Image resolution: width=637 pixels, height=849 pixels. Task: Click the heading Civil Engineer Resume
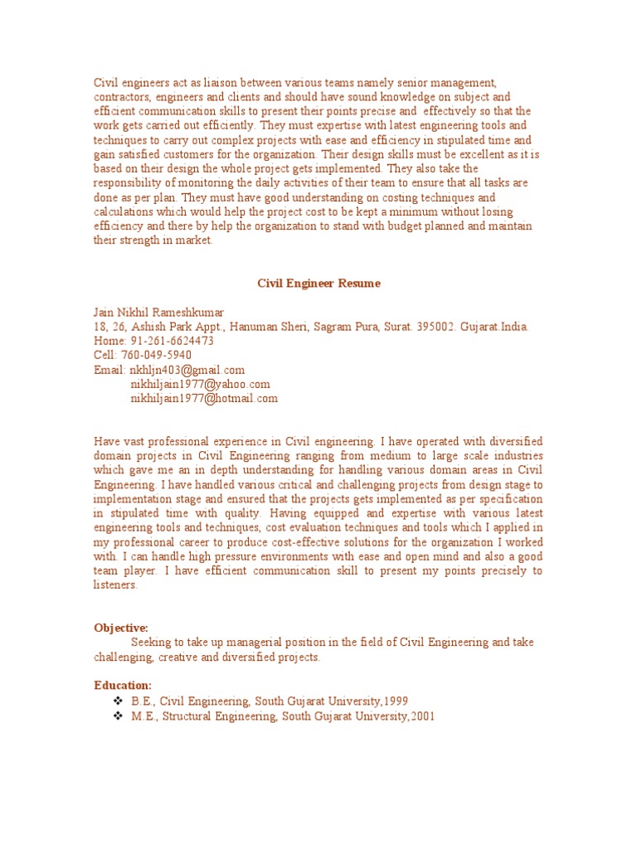[x=318, y=284]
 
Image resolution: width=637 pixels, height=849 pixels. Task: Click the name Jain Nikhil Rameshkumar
[x=158, y=312]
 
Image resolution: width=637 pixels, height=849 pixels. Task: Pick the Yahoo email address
[x=201, y=385]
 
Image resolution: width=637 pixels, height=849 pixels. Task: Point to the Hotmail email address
[x=204, y=399]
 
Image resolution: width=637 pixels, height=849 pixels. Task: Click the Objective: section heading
[x=121, y=628]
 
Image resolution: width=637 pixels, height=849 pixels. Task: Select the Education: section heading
[x=123, y=686]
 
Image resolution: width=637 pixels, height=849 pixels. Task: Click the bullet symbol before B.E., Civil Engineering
[x=117, y=701]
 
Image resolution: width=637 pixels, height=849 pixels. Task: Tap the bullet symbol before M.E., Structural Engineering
[x=117, y=716]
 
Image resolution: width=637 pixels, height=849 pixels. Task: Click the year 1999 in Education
[x=395, y=701]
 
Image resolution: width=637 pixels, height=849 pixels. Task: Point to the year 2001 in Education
[x=420, y=716]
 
